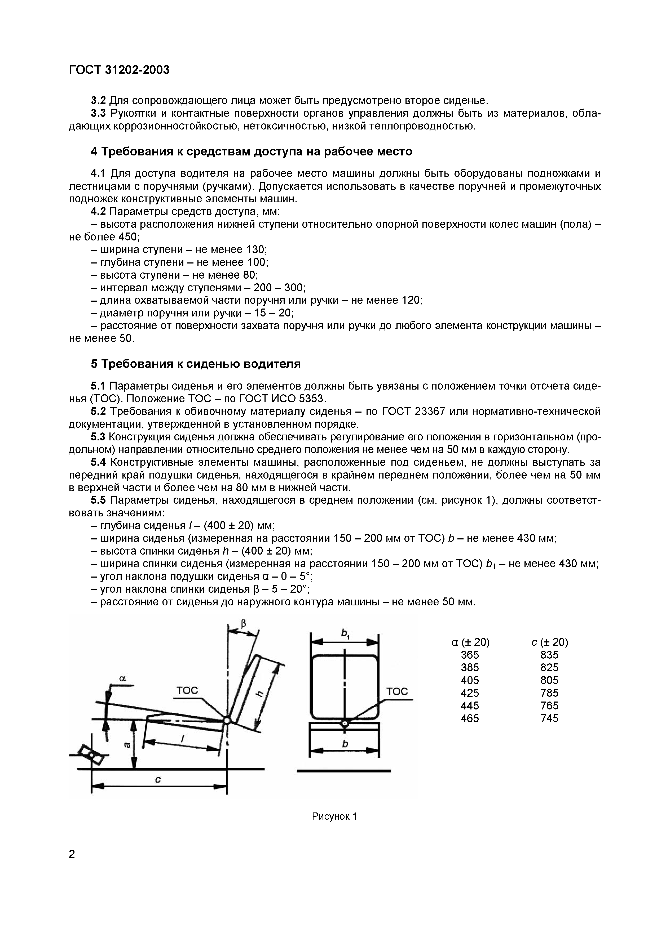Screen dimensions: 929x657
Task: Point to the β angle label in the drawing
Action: [243, 623]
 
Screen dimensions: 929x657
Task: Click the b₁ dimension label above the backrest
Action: [345, 634]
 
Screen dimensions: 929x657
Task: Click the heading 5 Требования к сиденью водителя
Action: [196, 364]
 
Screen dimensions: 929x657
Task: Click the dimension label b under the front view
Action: [345, 744]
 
